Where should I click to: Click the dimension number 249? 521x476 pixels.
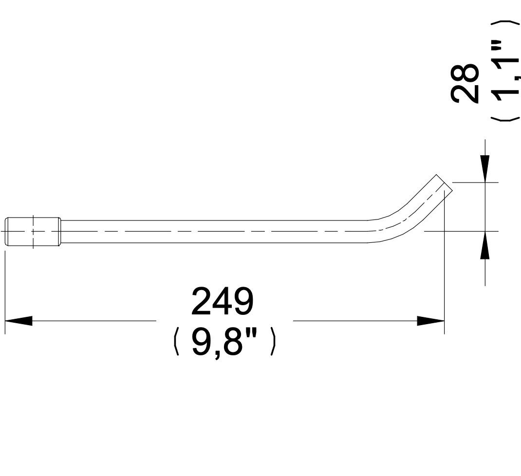(223, 301)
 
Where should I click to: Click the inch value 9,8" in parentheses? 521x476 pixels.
(224, 342)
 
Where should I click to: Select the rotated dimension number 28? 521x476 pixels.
(465, 83)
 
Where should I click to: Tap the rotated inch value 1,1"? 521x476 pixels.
(505, 72)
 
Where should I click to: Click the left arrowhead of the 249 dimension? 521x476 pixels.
(19, 321)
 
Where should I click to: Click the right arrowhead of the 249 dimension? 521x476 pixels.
(430, 321)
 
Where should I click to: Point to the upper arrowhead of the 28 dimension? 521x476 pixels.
(485, 169)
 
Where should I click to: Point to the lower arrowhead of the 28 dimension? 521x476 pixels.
(485, 245)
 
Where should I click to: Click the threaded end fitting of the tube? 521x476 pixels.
(33, 232)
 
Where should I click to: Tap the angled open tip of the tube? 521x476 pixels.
(444, 183)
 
